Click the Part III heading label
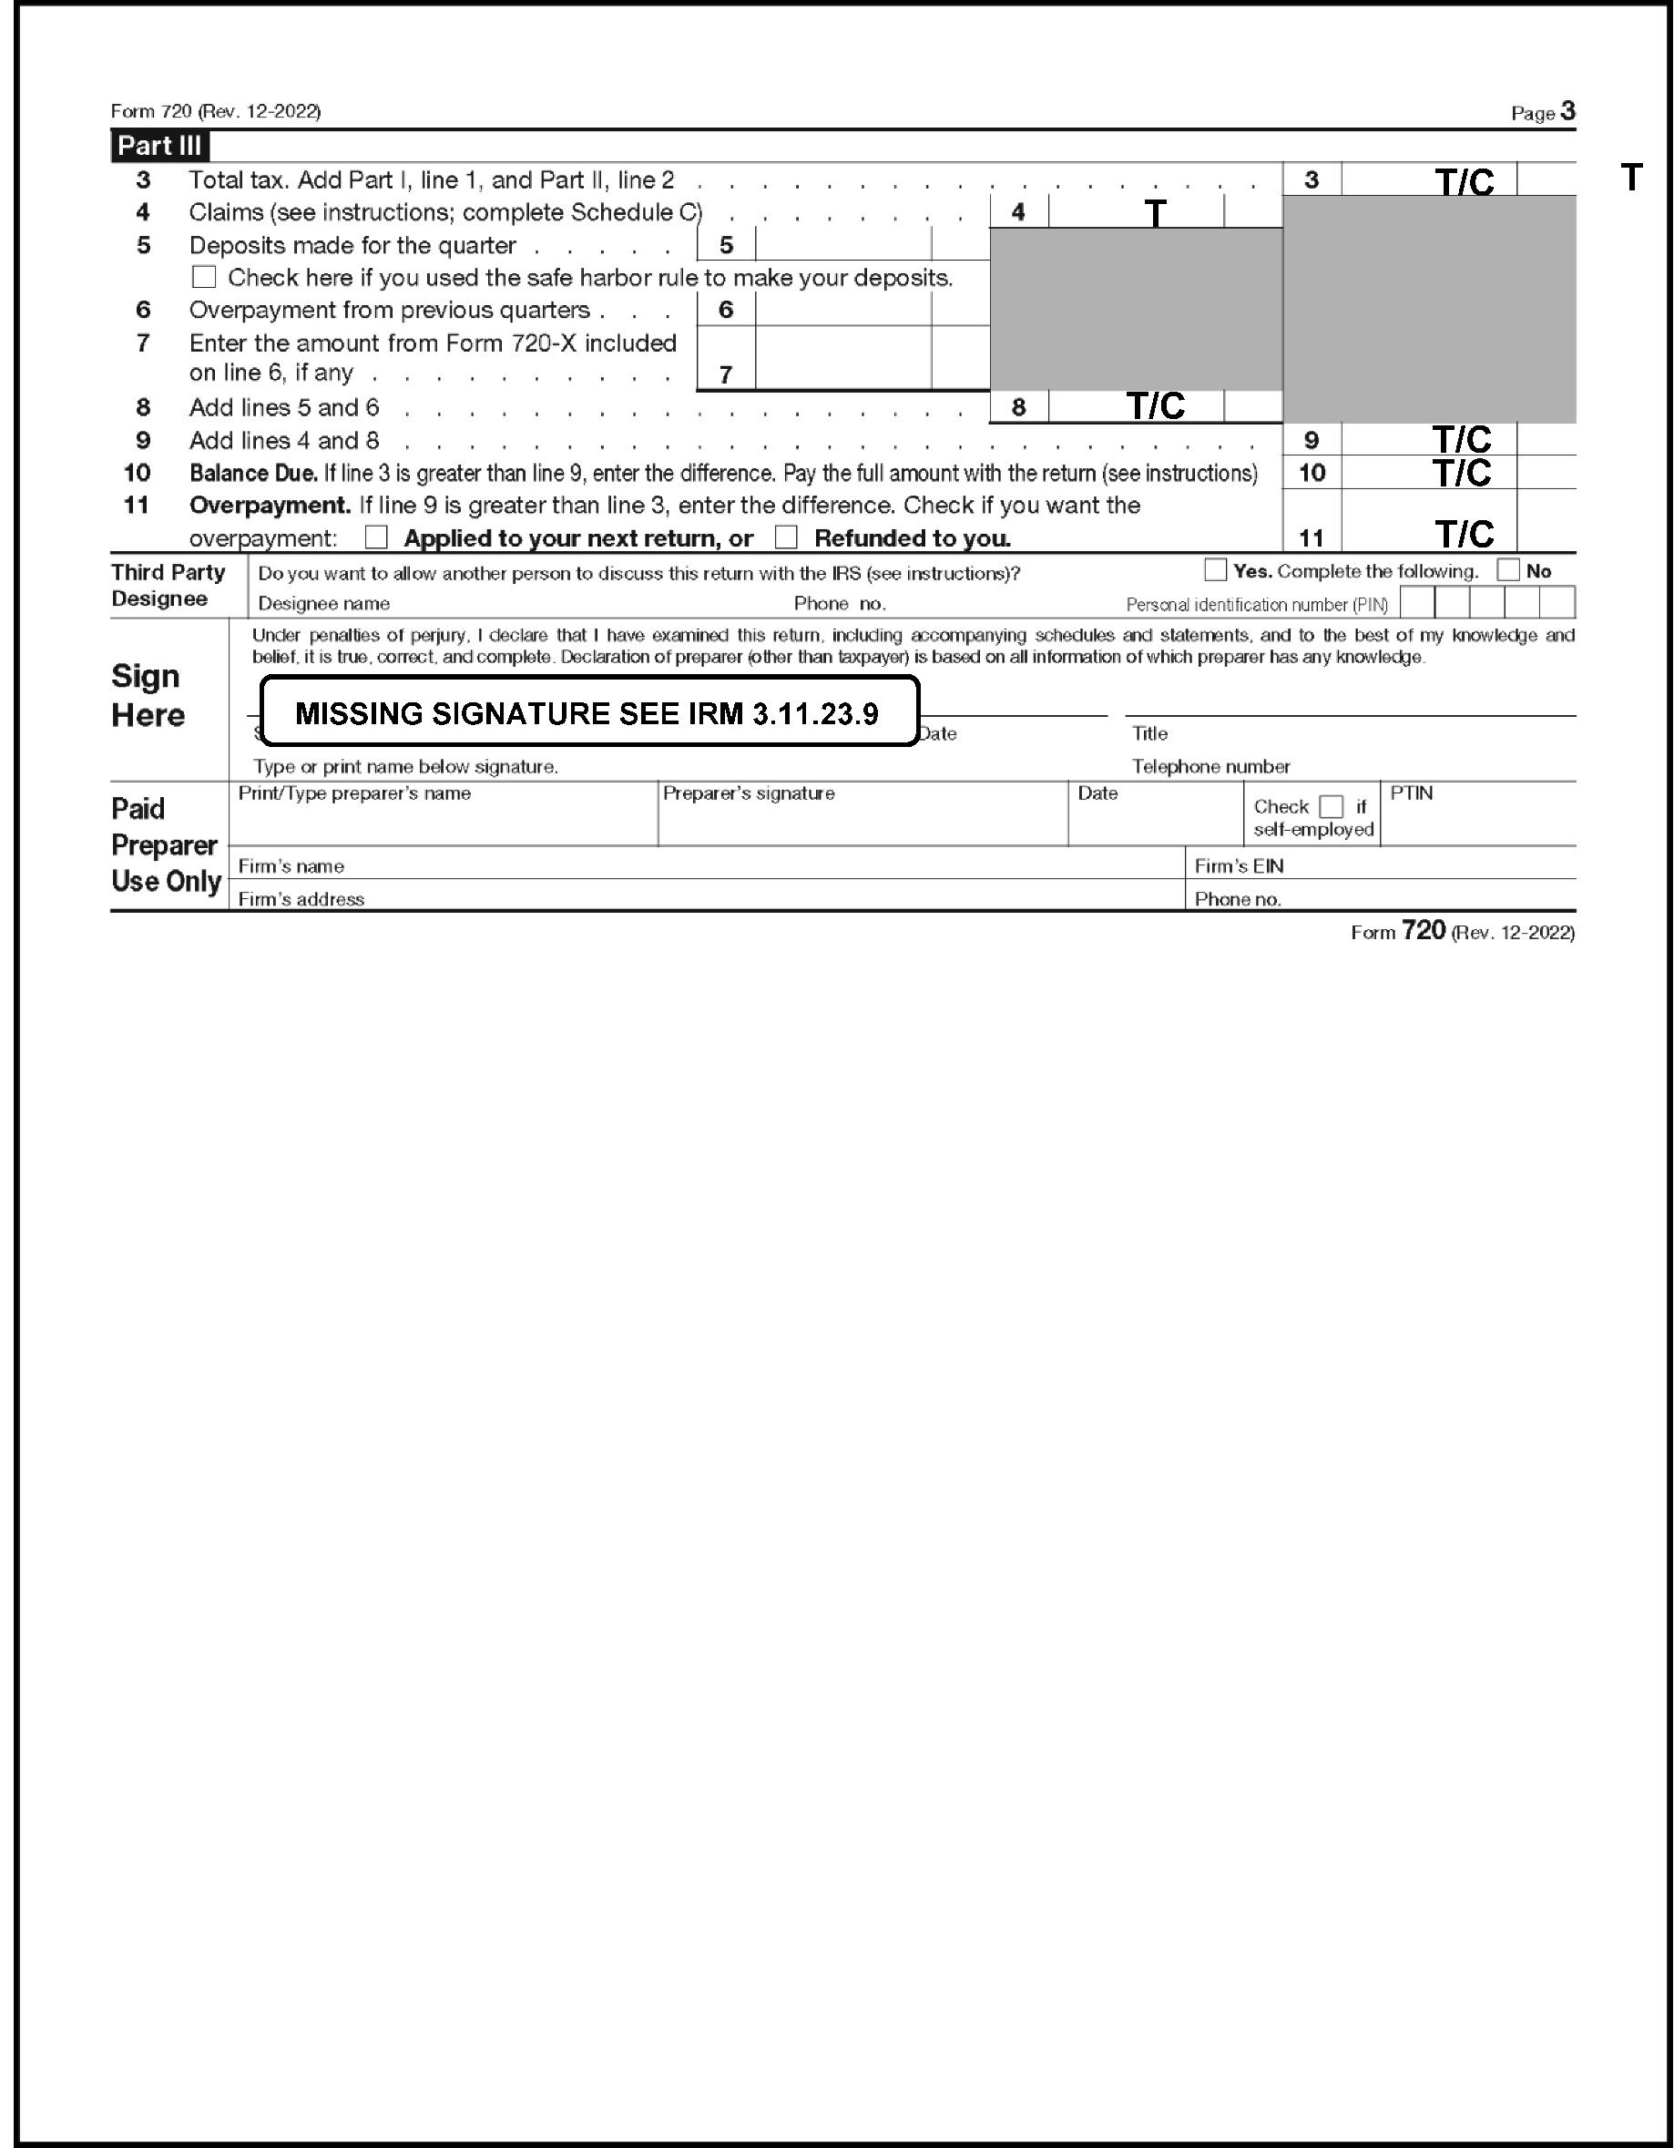point(159,146)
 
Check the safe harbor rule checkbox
point(204,277)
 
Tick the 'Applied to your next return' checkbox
point(376,538)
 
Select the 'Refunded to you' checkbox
point(786,538)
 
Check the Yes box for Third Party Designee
point(1216,570)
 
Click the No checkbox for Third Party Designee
point(1507,570)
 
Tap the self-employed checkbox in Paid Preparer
point(1331,806)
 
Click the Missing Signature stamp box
point(589,712)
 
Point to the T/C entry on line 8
point(1155,406)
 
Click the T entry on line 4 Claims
point(1155,212)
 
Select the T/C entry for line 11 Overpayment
point(1464,535)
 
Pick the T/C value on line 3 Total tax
point(1464,182)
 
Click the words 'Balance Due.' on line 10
point(253,473)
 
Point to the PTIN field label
point(1412,793)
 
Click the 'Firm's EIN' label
point(1239,866)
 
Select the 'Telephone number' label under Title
point(1210,766)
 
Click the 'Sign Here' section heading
point(148,695)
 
